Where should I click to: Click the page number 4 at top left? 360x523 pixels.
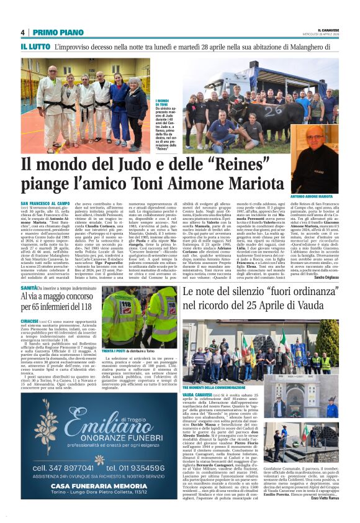23,32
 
